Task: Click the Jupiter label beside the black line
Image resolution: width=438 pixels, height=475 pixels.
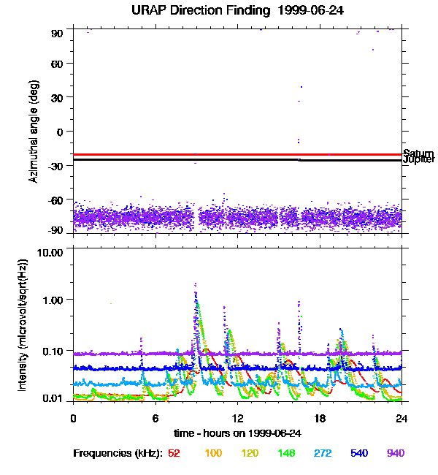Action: [419, 159]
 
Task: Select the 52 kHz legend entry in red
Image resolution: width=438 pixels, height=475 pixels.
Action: [174, 453]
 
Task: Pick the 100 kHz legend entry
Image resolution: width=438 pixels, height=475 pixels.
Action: [213, 453]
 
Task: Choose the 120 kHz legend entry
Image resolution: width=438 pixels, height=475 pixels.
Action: [250, 453]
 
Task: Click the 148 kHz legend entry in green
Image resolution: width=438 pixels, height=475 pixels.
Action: [287, 453]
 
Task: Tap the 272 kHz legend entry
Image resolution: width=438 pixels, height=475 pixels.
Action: [324, 453]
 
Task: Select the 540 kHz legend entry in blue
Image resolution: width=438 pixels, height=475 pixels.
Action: [360, 453]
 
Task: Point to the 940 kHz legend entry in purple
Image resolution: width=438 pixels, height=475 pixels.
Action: [396, 453]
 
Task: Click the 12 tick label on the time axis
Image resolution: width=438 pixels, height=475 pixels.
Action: [237, 418]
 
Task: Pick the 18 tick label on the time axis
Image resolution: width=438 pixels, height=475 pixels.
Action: [319, 418]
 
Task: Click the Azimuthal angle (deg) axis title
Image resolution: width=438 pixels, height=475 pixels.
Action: [34, 132]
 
